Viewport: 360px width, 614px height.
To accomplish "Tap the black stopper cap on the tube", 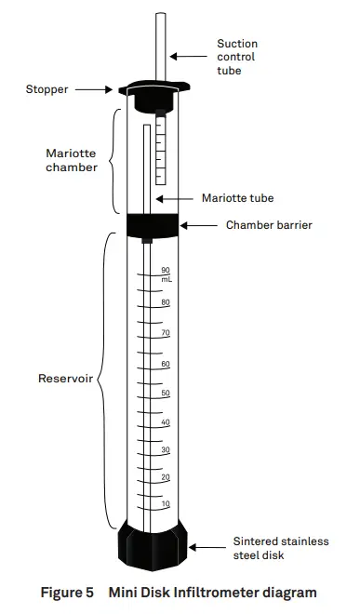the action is tap(153, 91).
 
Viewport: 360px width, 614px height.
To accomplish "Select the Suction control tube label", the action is tap(237, 56).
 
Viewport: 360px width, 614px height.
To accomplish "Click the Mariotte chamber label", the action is tap(71, 160).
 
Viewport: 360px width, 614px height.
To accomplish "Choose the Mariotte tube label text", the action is tap(237, 198).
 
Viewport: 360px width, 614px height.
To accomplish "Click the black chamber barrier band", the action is tap(153, 224).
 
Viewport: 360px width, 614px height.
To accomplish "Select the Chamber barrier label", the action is tap(270, 224).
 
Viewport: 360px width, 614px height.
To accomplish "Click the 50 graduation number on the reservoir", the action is tap(166, 393).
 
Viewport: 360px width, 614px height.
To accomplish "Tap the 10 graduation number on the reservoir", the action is tap(166, 503).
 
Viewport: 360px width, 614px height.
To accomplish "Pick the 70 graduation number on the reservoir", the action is tap(166, 332).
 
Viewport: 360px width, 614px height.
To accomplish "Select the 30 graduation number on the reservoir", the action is tap(166, 449).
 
